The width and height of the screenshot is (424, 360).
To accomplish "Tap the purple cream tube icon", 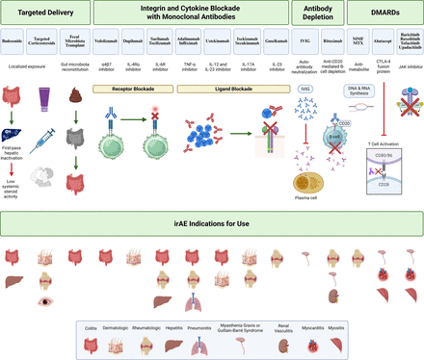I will pos(43,96).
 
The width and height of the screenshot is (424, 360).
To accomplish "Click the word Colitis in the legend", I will pos(93,327).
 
